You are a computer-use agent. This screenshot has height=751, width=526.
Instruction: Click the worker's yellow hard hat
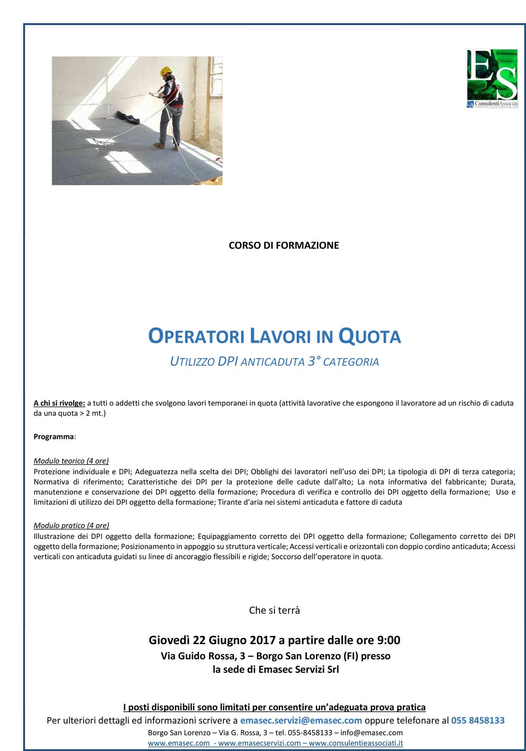166,71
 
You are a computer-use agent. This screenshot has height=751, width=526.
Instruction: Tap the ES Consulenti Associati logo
492,78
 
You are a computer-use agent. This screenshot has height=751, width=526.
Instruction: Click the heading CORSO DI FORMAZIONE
284,246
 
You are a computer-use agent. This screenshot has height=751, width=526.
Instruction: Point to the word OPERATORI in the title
196,337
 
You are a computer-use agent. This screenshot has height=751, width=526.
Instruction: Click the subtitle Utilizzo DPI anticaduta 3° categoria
274,362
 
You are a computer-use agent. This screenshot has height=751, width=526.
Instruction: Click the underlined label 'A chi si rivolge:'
59,403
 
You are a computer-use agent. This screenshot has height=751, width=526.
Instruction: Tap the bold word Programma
54,437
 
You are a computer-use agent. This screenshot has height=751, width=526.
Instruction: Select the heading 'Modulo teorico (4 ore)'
71,461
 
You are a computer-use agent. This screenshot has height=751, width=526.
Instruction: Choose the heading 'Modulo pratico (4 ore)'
71,525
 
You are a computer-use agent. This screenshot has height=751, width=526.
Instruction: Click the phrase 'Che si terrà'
274,610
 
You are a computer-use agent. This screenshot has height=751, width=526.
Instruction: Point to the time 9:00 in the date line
388,641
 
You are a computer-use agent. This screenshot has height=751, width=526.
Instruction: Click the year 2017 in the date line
263,641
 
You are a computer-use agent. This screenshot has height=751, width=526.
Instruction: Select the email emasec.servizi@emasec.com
301,720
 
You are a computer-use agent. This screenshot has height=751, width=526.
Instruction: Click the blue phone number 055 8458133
478,720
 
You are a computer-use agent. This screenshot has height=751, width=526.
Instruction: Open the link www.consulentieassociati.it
355,743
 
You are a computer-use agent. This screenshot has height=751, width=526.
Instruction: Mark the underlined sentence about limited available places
274,707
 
